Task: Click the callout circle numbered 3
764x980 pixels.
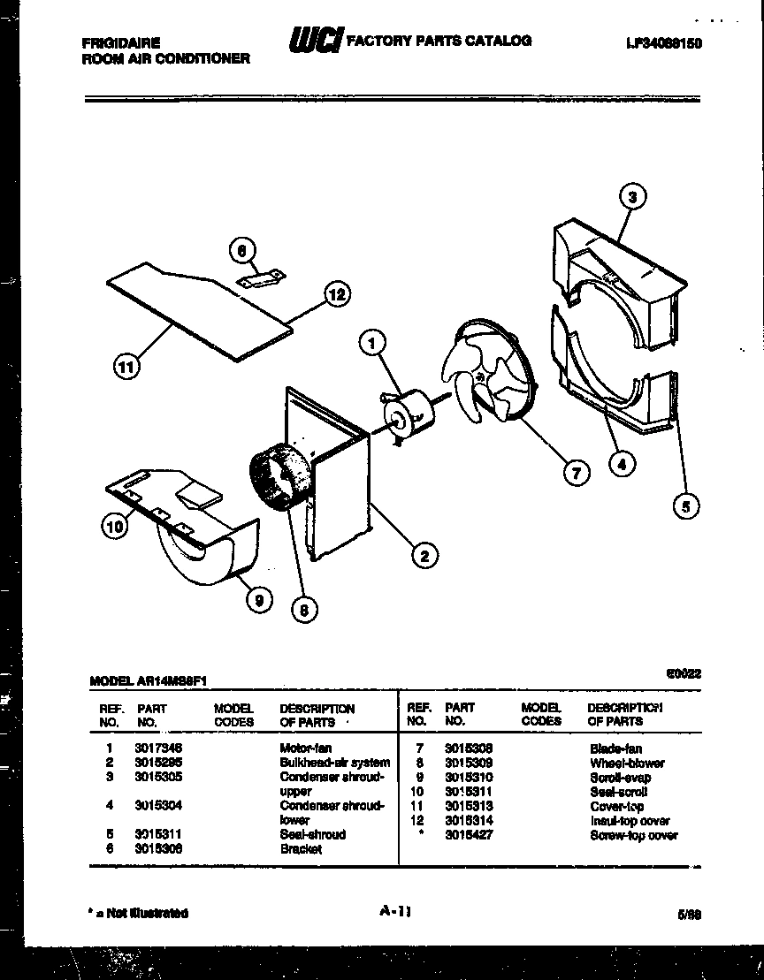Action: pyautogui.click(x=632, y=197)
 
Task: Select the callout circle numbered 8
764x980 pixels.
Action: pyautogui.click(x=304, y=608)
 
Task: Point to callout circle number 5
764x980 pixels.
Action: pyautogui.click(x=685, y=505)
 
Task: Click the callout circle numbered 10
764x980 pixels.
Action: pyautogui.click(x=114, y=527)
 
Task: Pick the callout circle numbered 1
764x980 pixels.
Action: pyautogui.click(x=373, y=341)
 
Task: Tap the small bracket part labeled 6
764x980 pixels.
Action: pyautogui.click(x=261, y=278)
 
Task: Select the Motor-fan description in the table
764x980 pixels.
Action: pyautogui.click(x=305, y=748)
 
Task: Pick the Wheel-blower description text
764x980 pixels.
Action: pyautogui.click(x=627, y=763)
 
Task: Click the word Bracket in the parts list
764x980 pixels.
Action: pyautogui.click(x=301, y=849)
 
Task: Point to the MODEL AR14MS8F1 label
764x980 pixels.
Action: pyautogui.click(x=149, y=680)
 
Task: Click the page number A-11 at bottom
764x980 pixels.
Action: pyautogui.click(x=393, y=912)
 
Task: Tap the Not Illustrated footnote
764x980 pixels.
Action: pyautogui.click(x=139, y=913)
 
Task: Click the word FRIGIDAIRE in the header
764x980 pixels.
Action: pyautogui.click(x=120, y=42)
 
